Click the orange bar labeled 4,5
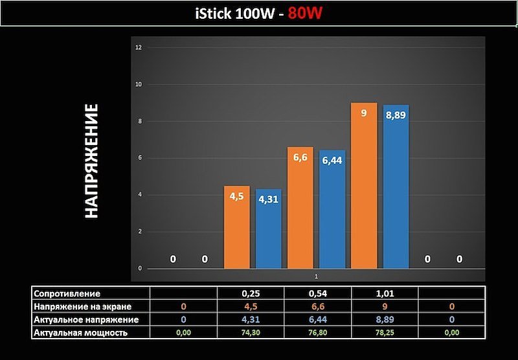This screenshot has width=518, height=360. tap(236, 227)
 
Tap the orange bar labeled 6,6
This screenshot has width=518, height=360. tap(300, 207)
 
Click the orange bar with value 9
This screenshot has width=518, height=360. tap(364, 185)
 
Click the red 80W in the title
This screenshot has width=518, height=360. tap(306, 14)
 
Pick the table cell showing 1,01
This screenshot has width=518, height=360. tap(385, 293)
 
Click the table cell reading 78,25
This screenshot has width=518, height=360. tap(385, 333)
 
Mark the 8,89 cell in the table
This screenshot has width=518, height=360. tap(385, 319)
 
